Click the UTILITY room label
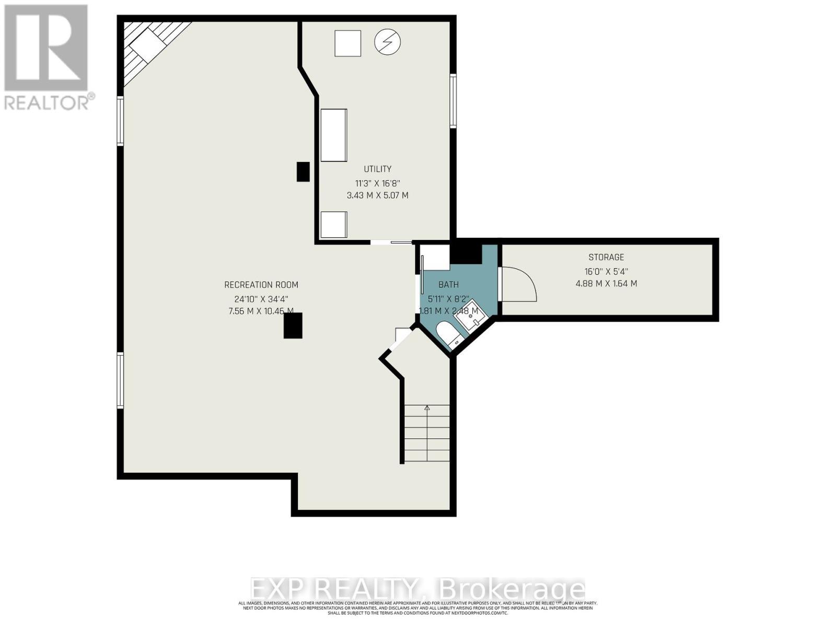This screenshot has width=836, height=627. pos(377,169)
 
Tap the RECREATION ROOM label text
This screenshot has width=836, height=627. pos(261,285)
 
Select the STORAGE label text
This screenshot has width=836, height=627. pos(606,257)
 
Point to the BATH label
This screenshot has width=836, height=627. pos(448,285)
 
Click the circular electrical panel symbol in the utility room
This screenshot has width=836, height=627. pos(387,42)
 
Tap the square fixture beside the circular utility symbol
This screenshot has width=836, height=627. pos(347,43)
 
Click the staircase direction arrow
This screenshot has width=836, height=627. pos(427,408)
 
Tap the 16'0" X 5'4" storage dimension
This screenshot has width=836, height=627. pos(606,272)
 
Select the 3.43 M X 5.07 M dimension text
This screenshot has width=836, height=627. pos(377,195)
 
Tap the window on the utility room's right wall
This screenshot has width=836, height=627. pos(453,101)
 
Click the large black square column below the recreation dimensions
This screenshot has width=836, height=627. pos(293,327)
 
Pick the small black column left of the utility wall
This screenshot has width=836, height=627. pos(303,172)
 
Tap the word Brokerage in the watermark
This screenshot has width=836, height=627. pos(512,589)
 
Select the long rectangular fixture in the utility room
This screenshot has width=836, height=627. pos(333,135)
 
